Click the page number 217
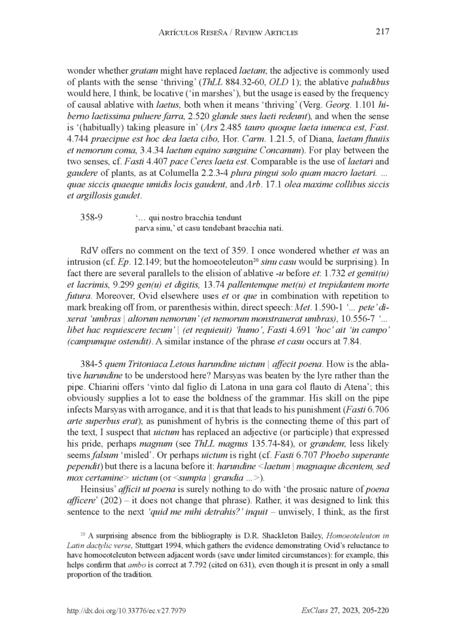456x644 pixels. [x=382, y=33]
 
